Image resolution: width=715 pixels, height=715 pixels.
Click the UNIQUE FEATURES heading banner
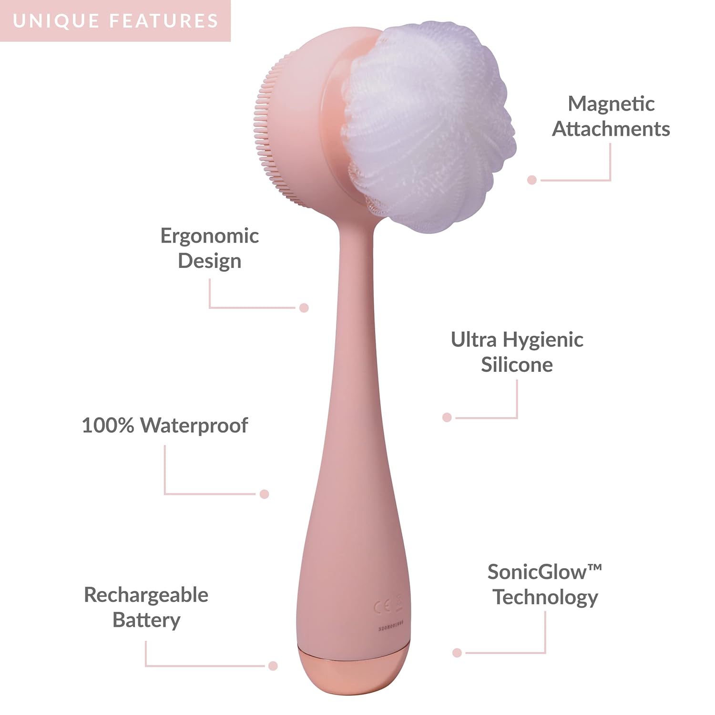[x=115, y=21]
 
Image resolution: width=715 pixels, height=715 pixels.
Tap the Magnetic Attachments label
[x=611, y=116]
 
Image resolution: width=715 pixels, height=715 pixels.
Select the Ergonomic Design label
[x=210, y=248]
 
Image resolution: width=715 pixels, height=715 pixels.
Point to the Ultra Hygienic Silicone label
[x=517, y=352]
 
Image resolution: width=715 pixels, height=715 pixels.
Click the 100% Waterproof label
[x=165, y=425]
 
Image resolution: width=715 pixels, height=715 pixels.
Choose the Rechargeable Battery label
[x=146, y=607]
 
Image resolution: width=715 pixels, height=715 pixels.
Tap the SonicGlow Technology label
[x=545, y=584]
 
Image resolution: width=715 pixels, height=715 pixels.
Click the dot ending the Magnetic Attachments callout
[x=532, y=180]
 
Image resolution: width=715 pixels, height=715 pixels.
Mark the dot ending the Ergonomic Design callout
[x=304, y=307]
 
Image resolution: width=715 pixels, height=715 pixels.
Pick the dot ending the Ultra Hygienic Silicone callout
[x=447, y=418]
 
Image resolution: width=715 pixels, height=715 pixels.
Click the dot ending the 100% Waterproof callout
[x=265, y=494]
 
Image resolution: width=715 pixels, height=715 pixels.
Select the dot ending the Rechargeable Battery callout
[x=273, y=666]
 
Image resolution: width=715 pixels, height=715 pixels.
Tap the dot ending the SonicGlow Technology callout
[x=457, y=653]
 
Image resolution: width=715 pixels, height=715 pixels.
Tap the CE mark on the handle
[x=382, y=607]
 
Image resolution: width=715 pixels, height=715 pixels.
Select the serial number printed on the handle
[x=391, y=628]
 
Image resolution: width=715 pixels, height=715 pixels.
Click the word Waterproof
[x=194, y=425]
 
